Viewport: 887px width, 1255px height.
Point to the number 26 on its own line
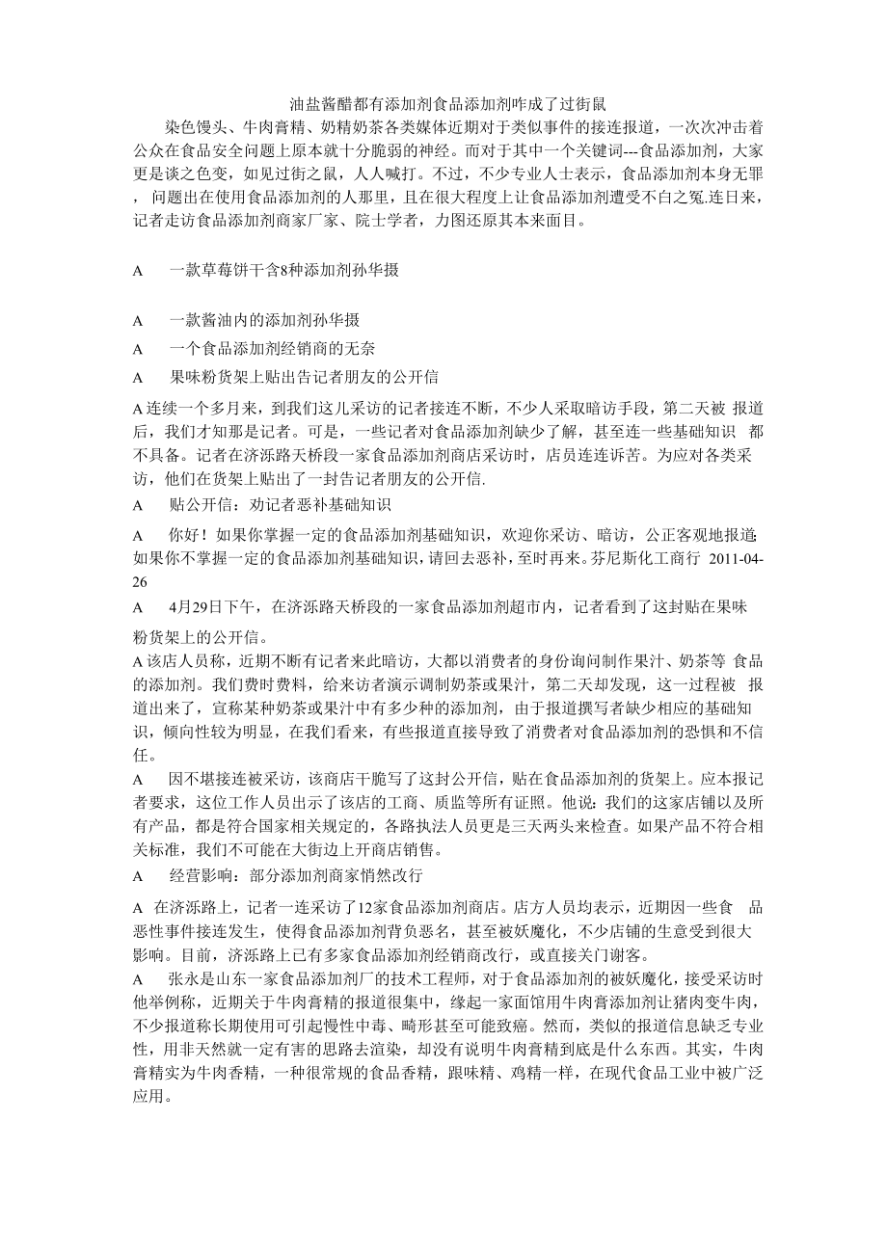click(141, 581)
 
